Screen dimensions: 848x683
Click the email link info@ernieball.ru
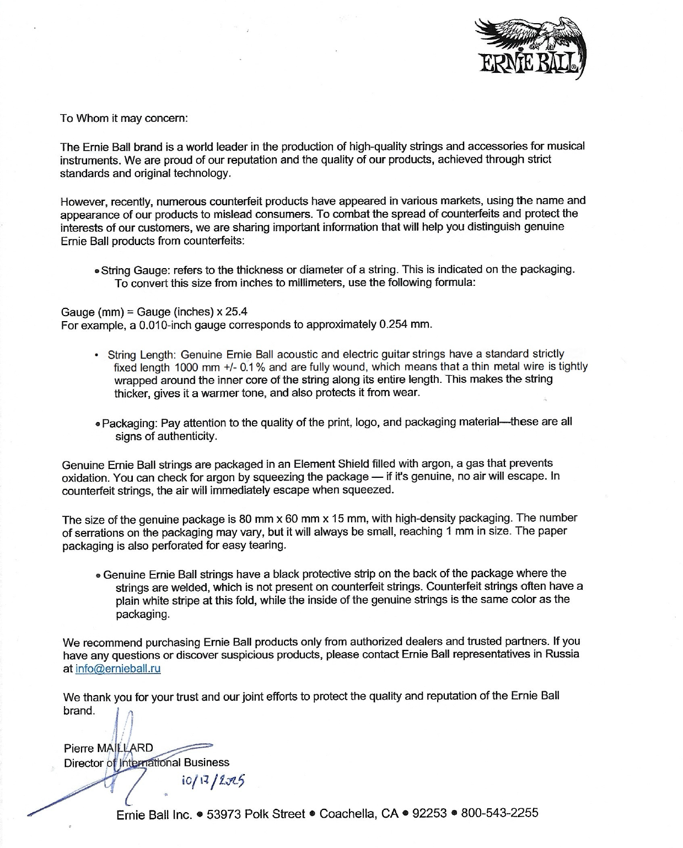tap(117, 669)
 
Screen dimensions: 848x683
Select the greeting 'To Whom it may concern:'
tap(124, 118)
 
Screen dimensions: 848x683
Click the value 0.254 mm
tap(405, 324)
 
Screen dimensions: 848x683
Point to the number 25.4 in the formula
tap(236, 311)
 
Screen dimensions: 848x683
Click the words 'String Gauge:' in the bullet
tap(136, 270)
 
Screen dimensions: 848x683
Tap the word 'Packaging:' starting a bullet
tap(130, 423)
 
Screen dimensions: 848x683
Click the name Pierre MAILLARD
tap(109, 748)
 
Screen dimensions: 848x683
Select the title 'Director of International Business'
tap(146, 762)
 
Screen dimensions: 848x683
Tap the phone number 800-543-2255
tap(499, 813)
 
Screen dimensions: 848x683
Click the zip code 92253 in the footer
tap(429, 813)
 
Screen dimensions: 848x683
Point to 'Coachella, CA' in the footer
tap(359, 814)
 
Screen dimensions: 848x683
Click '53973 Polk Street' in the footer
tap(255, 814)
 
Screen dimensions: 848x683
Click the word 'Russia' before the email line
tap(562, 654)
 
